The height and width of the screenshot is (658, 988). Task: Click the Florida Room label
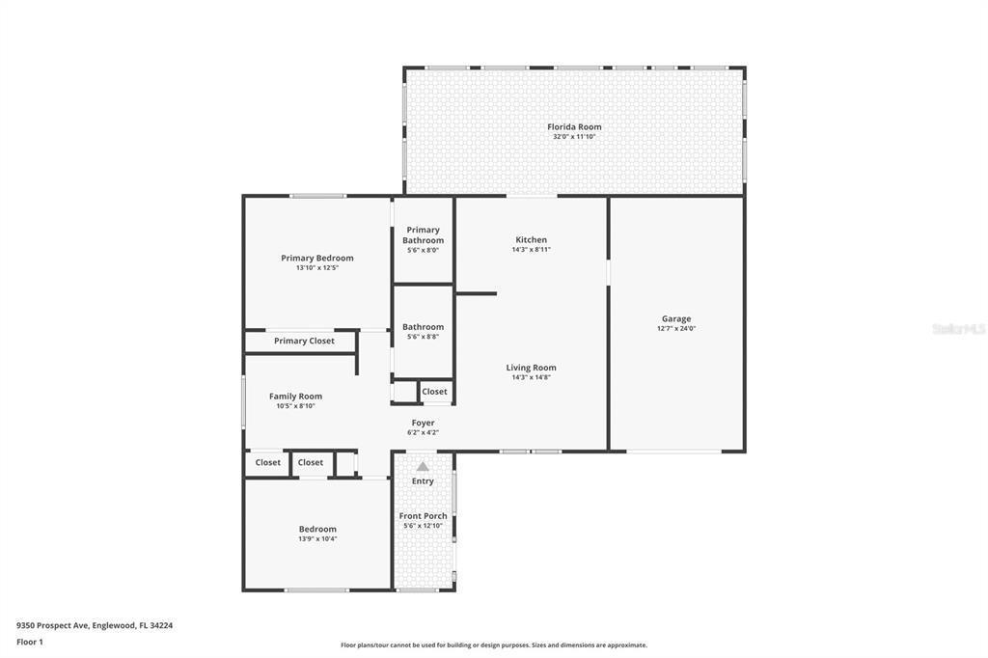tap(574, 126)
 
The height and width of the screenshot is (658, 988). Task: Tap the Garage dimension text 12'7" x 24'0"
tap(676, 328)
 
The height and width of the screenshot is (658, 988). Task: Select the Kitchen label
tap(532, 239)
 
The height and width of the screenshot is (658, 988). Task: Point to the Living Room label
tap(532, 368)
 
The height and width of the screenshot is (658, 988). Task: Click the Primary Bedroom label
tap(316, 258)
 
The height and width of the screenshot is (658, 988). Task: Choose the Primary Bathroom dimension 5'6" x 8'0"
tap(423, 250)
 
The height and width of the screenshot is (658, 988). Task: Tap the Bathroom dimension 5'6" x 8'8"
tap(423, 337)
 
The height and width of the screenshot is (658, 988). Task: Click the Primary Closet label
tap(304, 341)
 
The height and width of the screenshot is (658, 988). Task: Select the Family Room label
tap(295, 397)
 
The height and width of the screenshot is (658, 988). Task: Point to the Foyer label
tap(423, 423)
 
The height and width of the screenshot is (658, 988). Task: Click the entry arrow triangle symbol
tap(423, 466)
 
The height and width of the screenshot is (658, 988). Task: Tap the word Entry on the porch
tap(423, 480)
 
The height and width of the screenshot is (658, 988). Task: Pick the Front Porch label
tap(423, 515)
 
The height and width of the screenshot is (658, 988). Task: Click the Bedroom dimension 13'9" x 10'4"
tap(317, 539)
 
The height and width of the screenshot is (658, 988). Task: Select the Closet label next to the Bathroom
tap(434, 392)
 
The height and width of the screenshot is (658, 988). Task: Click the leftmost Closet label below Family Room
tap(268, 462)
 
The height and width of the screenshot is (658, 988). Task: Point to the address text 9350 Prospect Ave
tap(53, 626)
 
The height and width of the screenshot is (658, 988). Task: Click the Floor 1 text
tap(30, 643)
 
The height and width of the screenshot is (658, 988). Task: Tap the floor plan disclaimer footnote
tap(494, 645)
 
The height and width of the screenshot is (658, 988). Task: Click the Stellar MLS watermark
tap(959, 329)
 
